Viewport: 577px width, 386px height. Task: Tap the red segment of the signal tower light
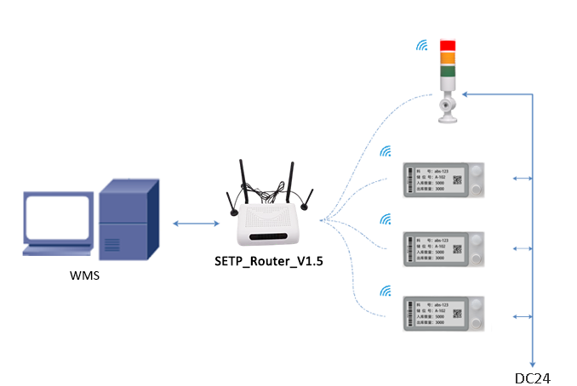(x=448, y=45)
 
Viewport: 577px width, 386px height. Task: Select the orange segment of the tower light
(x=448, y=58)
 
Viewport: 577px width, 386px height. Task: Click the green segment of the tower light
(x=448, y=71)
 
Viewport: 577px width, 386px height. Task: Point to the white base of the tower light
(x=447, y=111)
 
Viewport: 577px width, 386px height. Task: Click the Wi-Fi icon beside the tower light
(x=421, y=45)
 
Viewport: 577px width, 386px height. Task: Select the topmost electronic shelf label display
(x=443, y=179)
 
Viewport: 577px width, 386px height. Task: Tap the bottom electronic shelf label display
(x=443, y=315)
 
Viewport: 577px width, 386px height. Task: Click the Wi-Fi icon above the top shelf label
(x=386, y=152)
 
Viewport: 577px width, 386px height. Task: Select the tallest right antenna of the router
(x=289, y=183)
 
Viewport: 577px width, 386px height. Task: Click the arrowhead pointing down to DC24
(x=533, y=362)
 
